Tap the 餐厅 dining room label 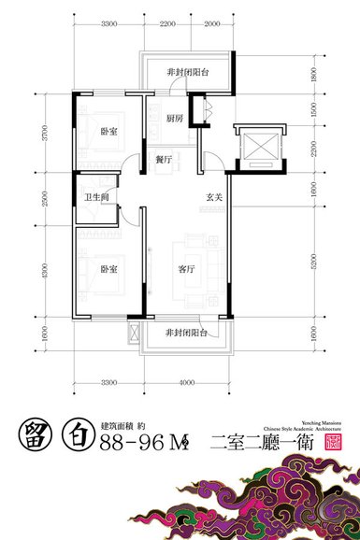tap(164, 160)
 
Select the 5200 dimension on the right tap(314, 267)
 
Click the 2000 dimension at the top tap(212, 23)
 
